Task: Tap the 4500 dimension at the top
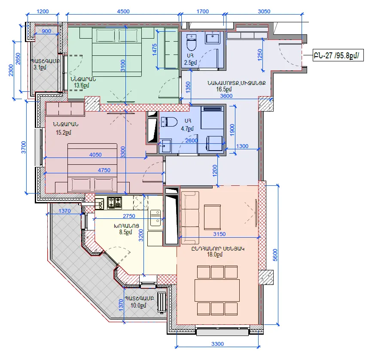click(x=123, y=12)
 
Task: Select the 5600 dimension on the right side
click(x=275, y=255)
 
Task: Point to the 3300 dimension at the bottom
click(x=217, y=344)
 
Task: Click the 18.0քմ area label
click(x=215, y=254)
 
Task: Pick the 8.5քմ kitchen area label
click(x=125, y=232)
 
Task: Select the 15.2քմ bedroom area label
click(x=63, y=133)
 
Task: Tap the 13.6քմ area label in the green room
click(x=82, y=85)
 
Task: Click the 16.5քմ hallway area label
click(x=224, y=89)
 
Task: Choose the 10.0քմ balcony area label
click(x=139, y=305)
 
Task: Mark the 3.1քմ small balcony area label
click(x=40, y=67)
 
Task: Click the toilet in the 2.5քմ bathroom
click(x=192, y=42)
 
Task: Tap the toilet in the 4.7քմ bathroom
click(x=169, y=122)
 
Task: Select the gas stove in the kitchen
click(x=115, y=203)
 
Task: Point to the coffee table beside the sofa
click(x=212, y=217)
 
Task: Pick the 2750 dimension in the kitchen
click(x=129, y=216)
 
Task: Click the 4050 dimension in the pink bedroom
click(x=95, y=154)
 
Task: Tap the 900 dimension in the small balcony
click(x=46, y=31)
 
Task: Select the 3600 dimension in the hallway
click(x=226, y=96)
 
